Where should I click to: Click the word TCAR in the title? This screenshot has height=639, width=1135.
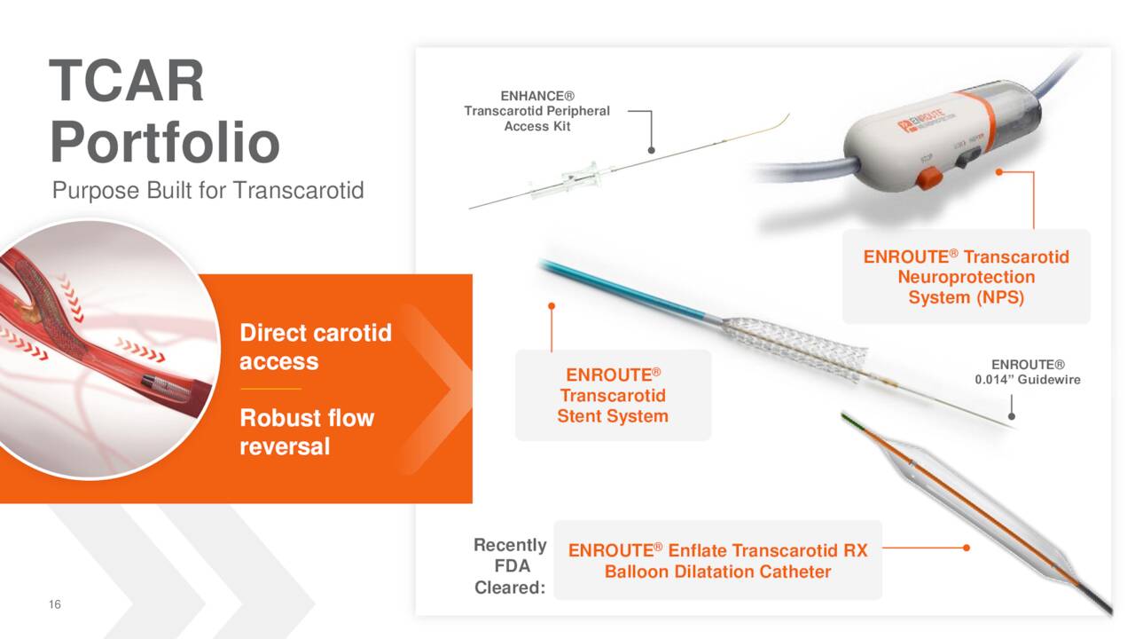point(127,81)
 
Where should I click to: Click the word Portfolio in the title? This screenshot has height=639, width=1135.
point(164,142)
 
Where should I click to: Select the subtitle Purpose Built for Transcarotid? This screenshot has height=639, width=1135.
point(207,190)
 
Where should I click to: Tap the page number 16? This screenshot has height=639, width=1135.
point(55,604)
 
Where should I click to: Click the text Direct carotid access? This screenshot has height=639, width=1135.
point(315,347)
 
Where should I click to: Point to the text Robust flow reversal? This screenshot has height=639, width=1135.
point(306,431)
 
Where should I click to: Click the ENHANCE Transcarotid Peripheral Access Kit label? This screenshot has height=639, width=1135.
point(536,111)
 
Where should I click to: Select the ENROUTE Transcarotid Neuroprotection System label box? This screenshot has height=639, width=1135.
point(966,277)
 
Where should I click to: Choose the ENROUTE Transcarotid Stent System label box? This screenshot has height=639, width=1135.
point(613,395)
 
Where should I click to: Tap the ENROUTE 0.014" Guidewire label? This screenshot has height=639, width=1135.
point(1027,372)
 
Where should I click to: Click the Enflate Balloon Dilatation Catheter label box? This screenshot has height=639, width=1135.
point(717,561)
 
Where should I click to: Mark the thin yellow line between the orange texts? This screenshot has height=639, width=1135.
point(270,389)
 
